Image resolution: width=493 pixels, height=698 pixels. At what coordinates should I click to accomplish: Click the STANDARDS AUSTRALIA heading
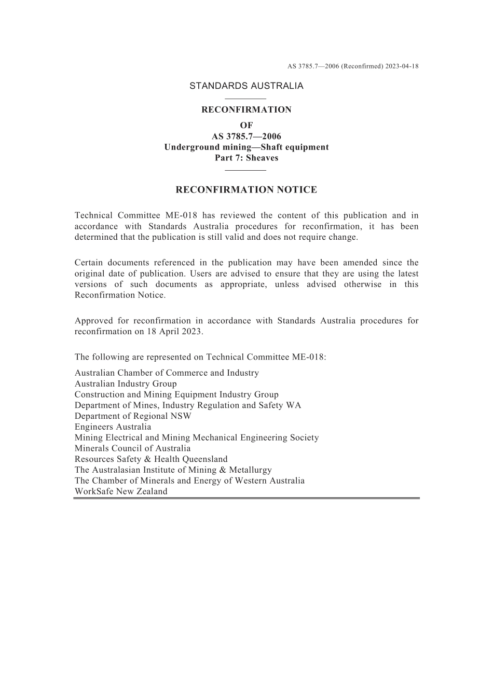click(x=246, y=86)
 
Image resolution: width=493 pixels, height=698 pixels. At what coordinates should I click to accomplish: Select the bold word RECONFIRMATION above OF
click(x=246, y=110)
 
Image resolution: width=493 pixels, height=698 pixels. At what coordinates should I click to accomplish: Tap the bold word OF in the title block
click(x=246, y=126)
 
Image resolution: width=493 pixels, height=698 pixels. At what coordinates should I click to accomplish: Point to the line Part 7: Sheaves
click(x=246, y=158)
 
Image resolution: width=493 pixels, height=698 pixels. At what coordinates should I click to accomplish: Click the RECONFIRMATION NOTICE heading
click(x=246, y=190)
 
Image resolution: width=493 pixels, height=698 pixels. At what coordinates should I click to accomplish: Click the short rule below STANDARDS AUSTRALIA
click(x=246, y=99)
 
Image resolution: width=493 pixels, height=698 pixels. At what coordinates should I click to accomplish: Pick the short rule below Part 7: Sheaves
click(x=246, y=170)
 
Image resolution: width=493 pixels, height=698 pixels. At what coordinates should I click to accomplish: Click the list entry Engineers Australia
click(x=113, y=427)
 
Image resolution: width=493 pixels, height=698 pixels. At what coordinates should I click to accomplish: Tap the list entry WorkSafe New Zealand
click(x=121, y=491)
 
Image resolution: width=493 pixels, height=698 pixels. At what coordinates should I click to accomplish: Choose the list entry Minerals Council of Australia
click(x=132, y=448)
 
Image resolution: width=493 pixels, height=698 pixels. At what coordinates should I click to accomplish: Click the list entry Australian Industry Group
click(x=126, y=384)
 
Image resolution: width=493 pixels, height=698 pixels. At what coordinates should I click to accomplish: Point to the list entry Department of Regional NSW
click(x=133, y=416)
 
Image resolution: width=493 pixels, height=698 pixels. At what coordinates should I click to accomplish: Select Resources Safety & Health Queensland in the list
click(x=151, y=459)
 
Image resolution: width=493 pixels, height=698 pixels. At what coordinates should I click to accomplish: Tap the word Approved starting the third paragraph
click(x=93, y=321)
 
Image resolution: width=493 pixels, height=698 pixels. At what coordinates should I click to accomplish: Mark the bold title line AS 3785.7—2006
click(x=246, y=136)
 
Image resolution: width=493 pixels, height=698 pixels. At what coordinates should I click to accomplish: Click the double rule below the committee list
click(x=246, y=498)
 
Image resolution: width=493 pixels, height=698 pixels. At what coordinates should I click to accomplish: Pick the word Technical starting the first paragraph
click(x=92, y=215)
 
